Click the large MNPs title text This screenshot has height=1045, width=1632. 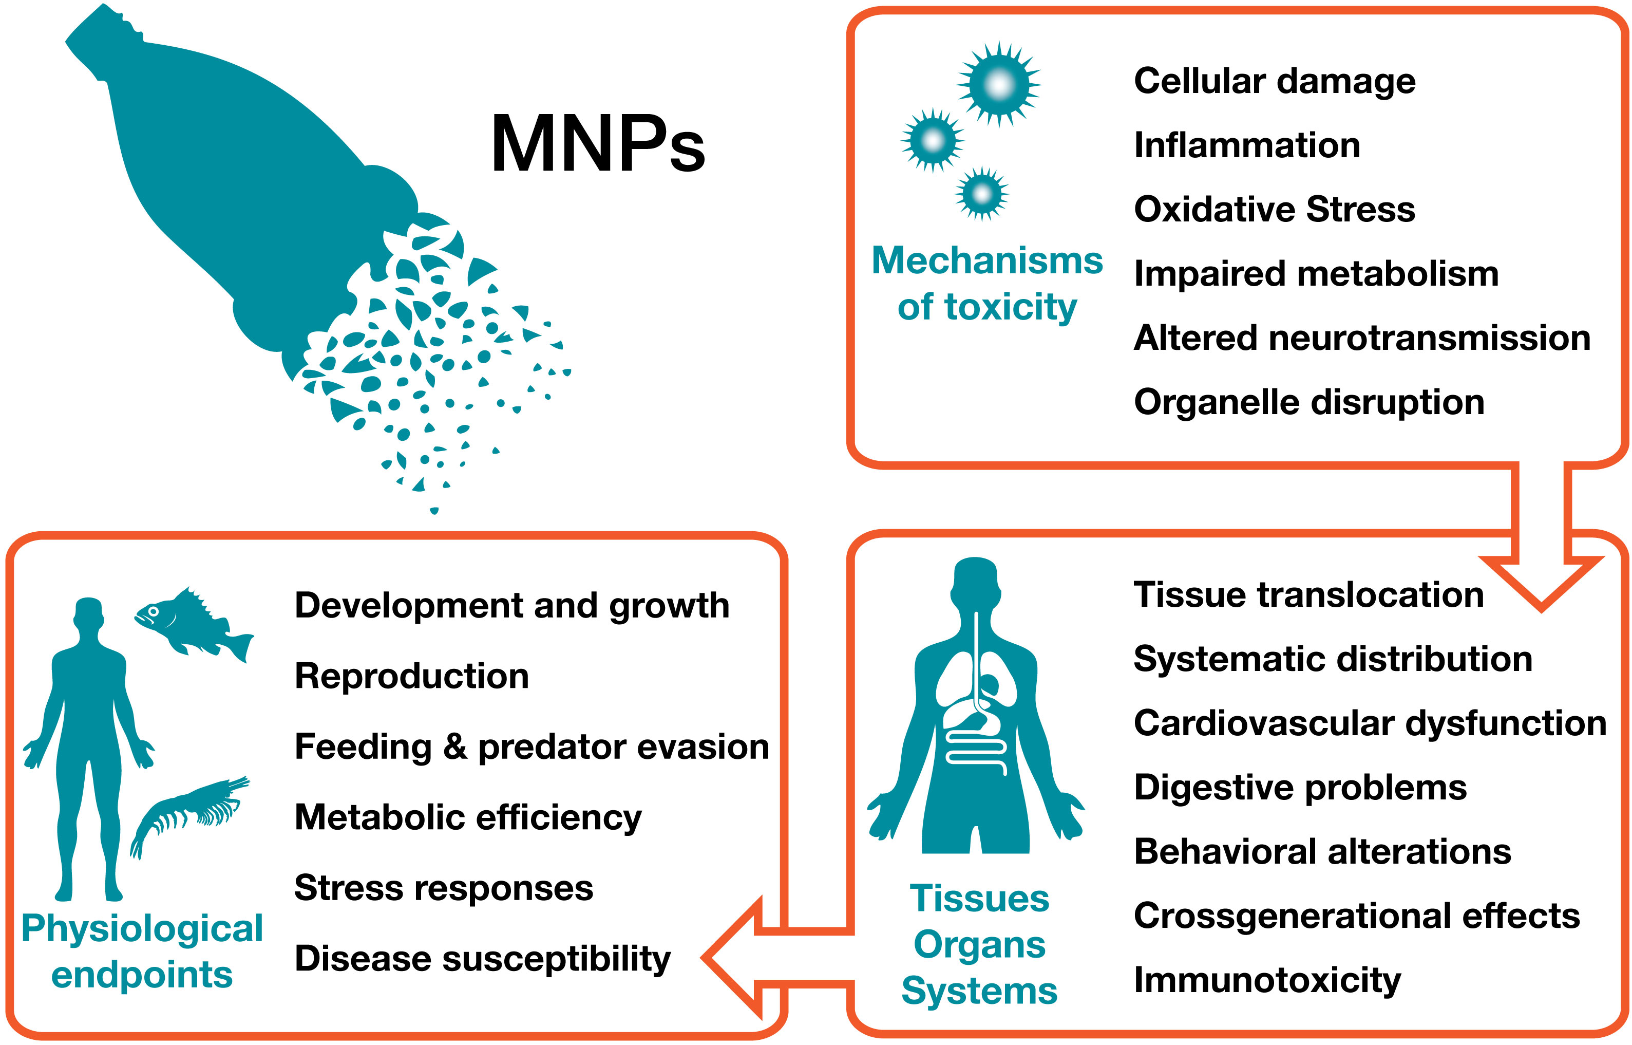click(x=597, y=144)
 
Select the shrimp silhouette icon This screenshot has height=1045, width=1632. click(x=190, y=814)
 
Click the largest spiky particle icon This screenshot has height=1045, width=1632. click(x=998, y=85)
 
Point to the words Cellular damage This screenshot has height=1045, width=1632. click(x=1274, y=81)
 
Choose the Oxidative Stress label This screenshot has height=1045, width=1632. click(x=1274, y=209)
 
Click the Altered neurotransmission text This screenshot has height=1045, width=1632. click(x=1361, y=338)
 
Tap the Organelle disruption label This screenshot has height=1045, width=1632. click(x=1308, y=402)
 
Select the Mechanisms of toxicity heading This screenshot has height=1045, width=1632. click(x=987, y=284)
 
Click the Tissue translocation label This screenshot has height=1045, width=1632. click(x=1308, y=595)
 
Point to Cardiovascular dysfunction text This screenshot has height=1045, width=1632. click(x=1370, y=723)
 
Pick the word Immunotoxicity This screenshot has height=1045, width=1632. click(x=1266, y=980)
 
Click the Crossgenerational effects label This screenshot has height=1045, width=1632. click(x=1356, y=916)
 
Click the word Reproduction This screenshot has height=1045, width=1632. click(x=411, y=677)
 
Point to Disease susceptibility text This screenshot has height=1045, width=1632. click(x=482, y=959)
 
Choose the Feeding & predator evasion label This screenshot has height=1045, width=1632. click(x=531, y=747)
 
